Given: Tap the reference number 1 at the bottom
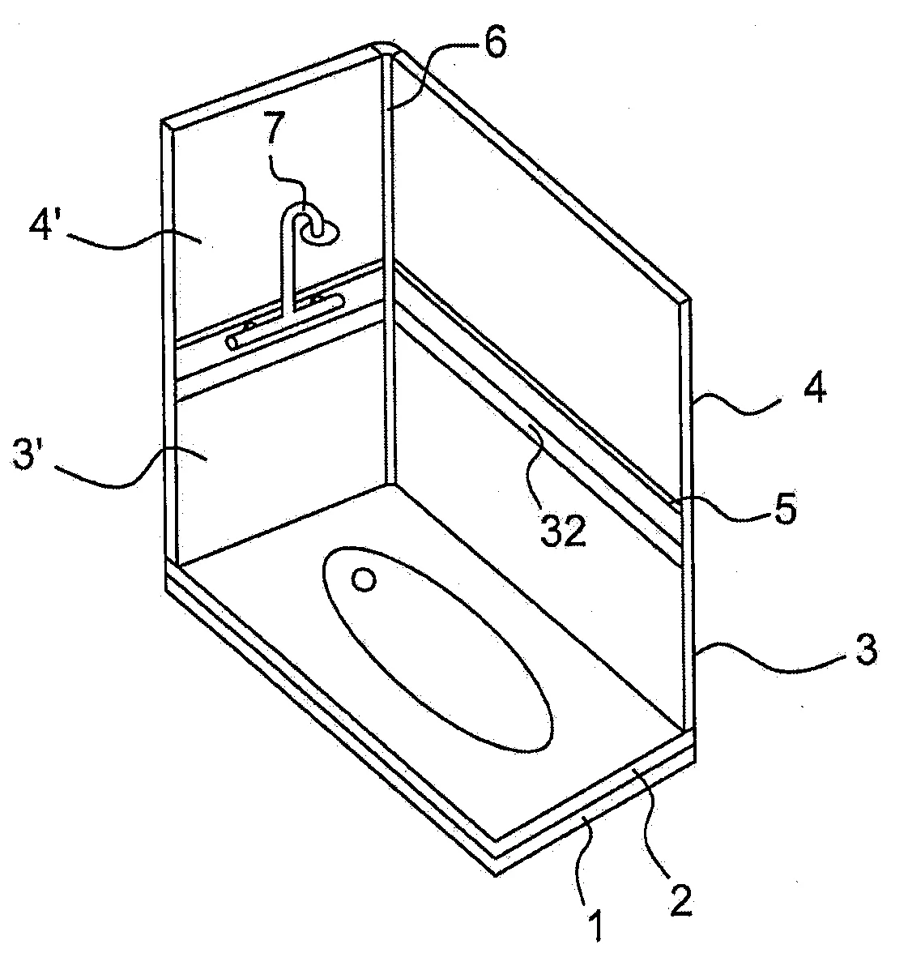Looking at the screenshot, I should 595,925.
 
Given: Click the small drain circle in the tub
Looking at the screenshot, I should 364,579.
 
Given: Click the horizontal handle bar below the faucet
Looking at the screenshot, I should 283,321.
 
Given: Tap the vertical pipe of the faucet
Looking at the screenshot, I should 288,267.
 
